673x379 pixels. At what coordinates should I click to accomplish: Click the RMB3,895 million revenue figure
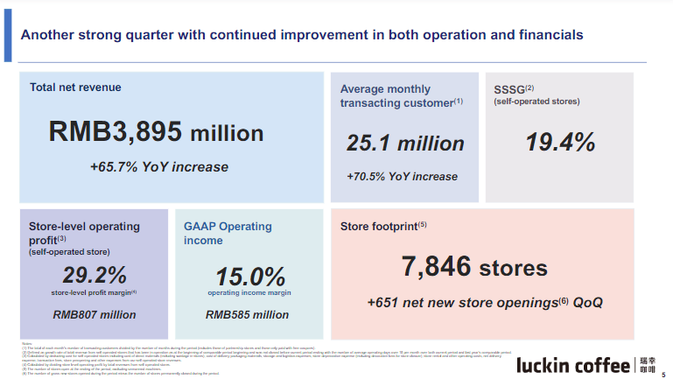point(157,133)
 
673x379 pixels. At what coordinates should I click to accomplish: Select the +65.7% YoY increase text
point(158,166)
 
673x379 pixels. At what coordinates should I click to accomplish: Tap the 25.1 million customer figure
point(405,143)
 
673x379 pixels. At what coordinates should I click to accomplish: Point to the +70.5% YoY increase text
point(402,176)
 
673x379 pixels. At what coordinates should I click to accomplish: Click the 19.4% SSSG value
point(560,142)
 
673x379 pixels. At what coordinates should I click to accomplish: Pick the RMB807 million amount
point(95,314)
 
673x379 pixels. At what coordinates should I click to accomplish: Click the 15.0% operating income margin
point(249,275)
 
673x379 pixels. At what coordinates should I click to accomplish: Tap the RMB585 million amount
point(247,314)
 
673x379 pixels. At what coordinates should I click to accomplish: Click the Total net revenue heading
point(75,88)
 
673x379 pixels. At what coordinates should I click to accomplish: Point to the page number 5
point(662,371)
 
